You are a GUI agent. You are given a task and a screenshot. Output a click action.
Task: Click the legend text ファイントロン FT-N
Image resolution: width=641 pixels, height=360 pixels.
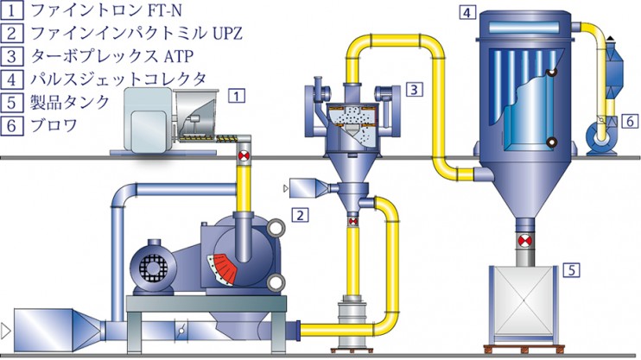(x=106, y=10)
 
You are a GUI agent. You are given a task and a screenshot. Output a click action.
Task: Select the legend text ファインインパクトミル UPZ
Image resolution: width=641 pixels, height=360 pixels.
(x=136, y=33)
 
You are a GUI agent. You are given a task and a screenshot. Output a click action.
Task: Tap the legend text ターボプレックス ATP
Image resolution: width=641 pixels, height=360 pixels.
(x=111, y=55)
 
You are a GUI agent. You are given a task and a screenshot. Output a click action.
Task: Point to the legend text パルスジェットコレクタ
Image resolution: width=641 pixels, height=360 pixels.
(x=118, y=79)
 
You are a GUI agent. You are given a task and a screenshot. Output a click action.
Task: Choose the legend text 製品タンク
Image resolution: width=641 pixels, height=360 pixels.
(x=69, y=102)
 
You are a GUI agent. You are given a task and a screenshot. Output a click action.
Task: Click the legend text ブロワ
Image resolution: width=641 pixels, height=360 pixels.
(x=54, y=124)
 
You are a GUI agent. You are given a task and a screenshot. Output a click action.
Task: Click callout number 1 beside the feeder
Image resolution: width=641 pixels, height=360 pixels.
(x=237, y=96)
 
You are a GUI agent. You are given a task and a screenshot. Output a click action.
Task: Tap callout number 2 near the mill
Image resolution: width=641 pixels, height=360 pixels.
(x=301, y=214)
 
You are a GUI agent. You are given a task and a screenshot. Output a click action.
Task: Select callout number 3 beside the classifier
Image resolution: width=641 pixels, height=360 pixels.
(x=414, y=89)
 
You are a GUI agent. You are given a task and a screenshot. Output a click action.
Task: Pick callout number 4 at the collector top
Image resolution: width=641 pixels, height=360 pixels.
(x=467, y=12)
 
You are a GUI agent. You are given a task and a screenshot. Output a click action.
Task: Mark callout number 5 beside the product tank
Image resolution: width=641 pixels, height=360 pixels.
(x=572, y=269)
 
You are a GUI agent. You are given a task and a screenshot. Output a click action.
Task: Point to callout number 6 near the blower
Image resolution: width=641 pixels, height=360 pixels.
(x=630, y=121)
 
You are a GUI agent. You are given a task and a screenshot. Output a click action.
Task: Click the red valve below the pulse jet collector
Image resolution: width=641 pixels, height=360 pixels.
(x=524, y=241)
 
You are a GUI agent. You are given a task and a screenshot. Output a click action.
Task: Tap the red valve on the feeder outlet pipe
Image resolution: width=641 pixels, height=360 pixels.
(x=244, y=155)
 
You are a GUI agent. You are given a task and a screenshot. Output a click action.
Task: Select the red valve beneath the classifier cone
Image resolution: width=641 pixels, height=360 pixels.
(x=352, y=222)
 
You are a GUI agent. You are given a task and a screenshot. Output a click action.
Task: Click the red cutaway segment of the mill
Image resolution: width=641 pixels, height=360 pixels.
(x=222, y=268)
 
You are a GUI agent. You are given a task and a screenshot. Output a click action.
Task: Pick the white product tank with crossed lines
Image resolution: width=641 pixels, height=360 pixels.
(x=524, y=302)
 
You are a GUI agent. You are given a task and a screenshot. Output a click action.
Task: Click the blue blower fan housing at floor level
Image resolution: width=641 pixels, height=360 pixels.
(x=600, y=137)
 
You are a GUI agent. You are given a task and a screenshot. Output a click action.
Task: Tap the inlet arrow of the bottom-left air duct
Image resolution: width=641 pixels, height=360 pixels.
(x=5, y=330)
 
